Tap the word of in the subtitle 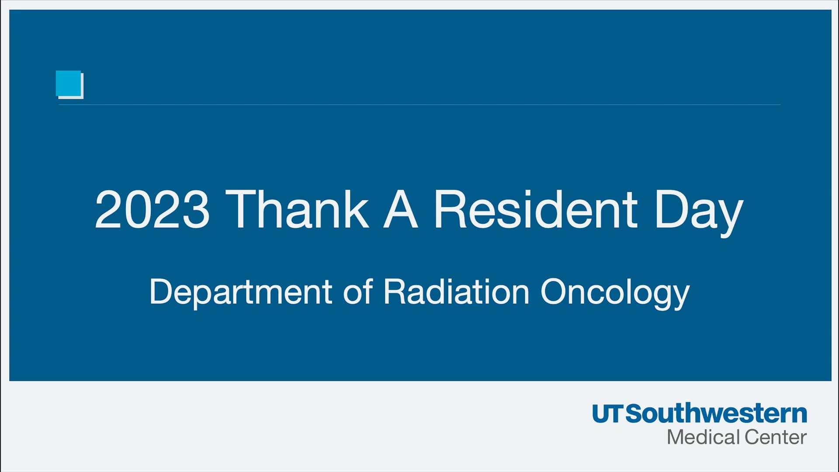[357, 292]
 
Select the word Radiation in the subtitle [456, 292]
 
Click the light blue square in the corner [69, 83]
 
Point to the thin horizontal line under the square [419, 105]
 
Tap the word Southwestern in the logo [716, 414]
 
